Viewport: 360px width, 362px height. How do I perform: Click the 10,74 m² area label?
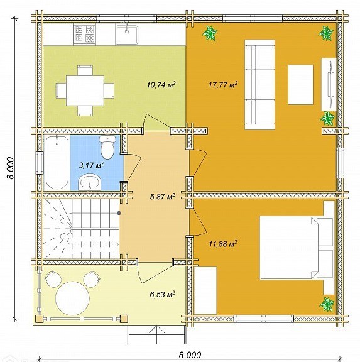coord(161,85)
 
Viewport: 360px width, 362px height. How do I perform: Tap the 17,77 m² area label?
coord(223,85)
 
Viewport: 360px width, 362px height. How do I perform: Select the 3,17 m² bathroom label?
coord(91,165)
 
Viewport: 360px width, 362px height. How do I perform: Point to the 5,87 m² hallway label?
coord(162,197)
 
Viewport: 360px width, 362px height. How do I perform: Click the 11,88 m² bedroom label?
coord(223,244)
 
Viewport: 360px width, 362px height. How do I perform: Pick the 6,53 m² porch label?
coord(162,294)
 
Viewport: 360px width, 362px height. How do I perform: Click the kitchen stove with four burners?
coord(84,34)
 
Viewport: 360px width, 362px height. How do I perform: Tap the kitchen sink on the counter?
coord(127,35)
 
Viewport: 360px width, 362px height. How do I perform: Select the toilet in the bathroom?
coord(107,147)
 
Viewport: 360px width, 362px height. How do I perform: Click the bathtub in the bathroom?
coord(57,163)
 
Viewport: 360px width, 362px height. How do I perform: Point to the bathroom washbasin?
coord(89,183)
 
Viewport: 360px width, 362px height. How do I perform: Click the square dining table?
coord(85,90)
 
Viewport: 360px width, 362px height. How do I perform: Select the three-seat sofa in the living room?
coord(259,84)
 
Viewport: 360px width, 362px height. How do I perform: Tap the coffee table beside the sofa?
coord(300,84)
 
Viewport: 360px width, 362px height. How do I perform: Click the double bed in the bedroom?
coord(297,248)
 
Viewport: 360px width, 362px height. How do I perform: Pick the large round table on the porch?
coord(72,299)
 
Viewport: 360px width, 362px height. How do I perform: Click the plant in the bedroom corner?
coord(327,304)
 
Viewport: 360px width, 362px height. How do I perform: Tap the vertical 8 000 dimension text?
coord(11,168)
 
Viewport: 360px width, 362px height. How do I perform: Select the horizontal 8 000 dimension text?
coord(190,354)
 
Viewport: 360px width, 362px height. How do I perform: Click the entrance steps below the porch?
coord(157,335)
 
